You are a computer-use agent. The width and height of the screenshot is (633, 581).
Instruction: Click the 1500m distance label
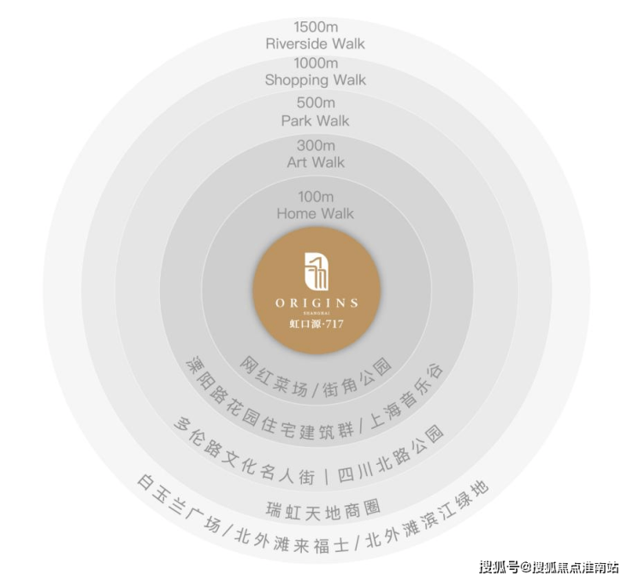click(x=316, y=27)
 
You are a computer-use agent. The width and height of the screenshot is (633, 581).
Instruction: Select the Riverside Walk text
click(x=316, y=44)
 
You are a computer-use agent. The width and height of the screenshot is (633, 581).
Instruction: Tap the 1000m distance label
click(x=316, y=63)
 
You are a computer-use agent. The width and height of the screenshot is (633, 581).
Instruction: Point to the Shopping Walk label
click(x=316, y=79)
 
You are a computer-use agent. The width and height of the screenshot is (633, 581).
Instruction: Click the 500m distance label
click(x=316, y=103)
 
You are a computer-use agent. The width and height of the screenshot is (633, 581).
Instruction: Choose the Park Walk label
click(x=316, y=120)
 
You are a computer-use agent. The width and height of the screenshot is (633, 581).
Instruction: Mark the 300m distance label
click(x=316, y=145)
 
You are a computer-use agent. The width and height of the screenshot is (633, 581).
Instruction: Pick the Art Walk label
click(x=316, y=162)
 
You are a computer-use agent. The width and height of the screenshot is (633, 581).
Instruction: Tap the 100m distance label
click(x=316, y=197)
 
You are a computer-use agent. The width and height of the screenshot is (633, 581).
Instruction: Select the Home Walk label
click(x=316, y=214)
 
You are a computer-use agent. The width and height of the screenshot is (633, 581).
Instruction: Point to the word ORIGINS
click(x=316, y=302)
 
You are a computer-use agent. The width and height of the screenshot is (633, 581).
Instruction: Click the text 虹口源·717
click(x=316, y=324)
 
